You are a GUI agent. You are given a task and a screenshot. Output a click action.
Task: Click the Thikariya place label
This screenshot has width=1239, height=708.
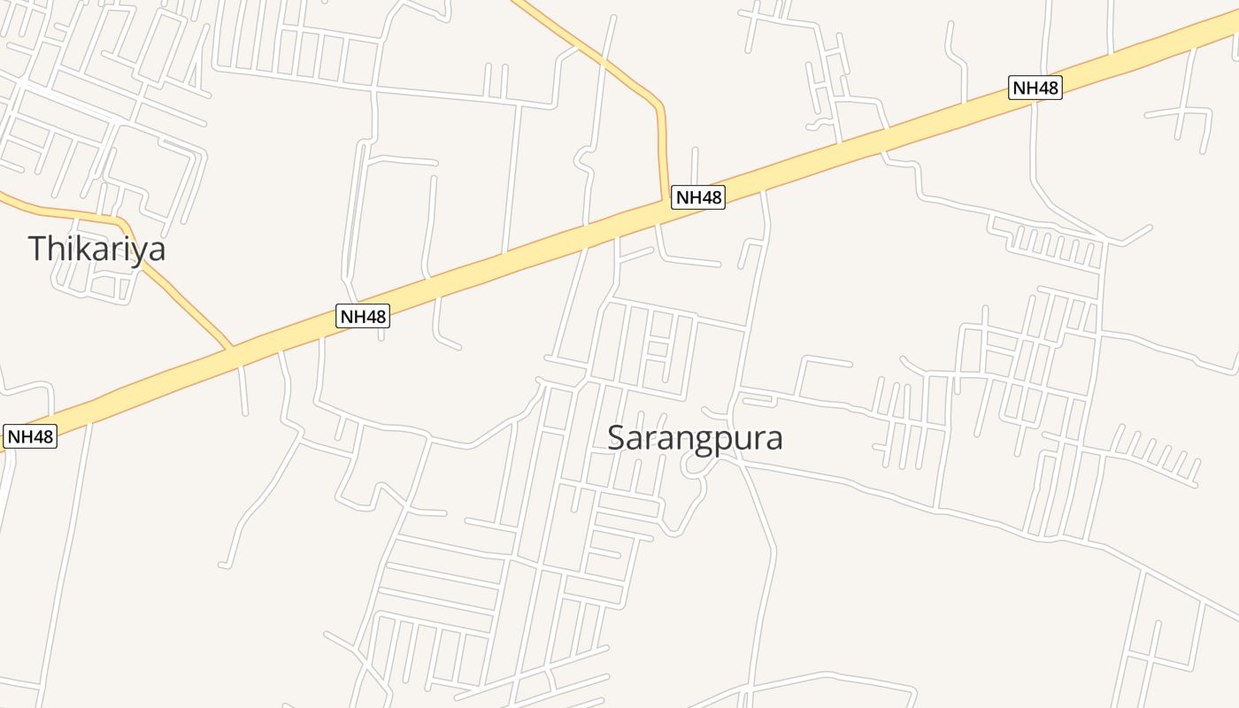96,249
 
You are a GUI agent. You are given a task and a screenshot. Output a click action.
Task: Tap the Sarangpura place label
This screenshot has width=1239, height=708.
695,438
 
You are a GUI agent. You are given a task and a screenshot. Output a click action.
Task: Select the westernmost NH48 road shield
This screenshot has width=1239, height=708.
30,436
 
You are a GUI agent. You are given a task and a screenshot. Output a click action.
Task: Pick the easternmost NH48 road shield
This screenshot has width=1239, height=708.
1035,88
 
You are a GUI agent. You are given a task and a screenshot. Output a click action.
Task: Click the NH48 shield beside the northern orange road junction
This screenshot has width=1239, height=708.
698,197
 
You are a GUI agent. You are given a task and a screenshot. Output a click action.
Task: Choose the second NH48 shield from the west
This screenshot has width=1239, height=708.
363,316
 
